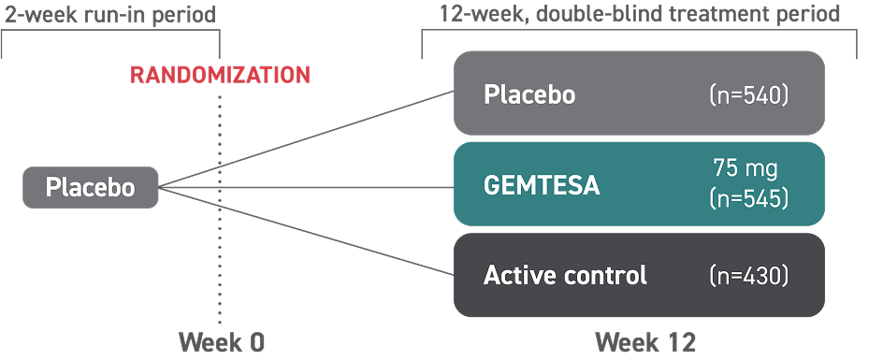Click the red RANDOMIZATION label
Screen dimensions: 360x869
pyautogui.click(x=220, y=76)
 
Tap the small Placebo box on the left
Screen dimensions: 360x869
pyautogui.click(x=90, y=188)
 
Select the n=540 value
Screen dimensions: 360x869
pyautogui.click(x=749, y=94)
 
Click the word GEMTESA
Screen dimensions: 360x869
pyautogui.click(x=542, y=185)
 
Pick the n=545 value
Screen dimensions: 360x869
pyautogui.click(x=749, y=198)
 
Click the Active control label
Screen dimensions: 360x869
pyautogui.click(x=565, y=276)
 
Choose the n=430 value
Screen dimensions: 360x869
pyautogui.click(x=749, y=276)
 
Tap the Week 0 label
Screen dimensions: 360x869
pyautogui.click(x=222, y=342)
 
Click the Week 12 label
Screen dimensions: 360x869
pyautogui.click(x=645, y=342)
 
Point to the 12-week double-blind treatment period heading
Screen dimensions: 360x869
pyautogui.click(x=640, y=14)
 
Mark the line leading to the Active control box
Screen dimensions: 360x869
pyautogui.click(x=309, y=233)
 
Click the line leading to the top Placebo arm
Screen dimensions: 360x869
pyautogui.click(x=309, y=141)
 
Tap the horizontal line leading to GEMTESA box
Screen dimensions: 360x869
pyautogui.click(x=309, y=187)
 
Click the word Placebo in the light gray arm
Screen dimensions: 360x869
pyautogui.click(x=529, y=95)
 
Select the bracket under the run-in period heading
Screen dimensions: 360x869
pyautogui.click(x=109, y=33)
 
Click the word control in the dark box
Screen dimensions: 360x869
pyautogui.click(x=606, y=276)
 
